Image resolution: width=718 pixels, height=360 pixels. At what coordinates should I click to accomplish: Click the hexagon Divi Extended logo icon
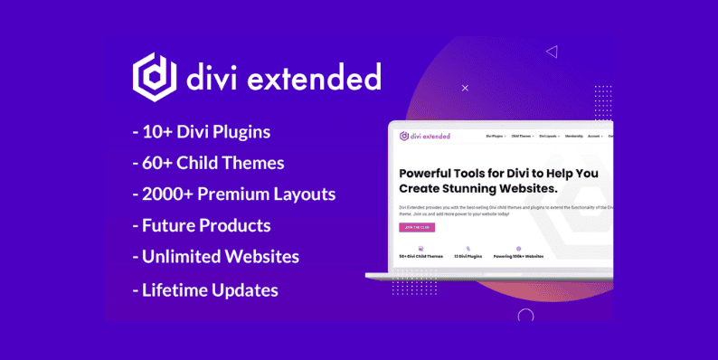coord(155,77)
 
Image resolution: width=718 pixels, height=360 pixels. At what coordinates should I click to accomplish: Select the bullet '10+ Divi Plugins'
coord(201,132)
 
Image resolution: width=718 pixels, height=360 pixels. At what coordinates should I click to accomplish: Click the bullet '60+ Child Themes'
coord(207,163)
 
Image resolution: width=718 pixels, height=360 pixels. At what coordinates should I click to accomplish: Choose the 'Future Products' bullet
coord(201,225)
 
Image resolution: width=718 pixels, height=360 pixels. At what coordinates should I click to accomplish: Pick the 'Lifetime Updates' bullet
coord(204,290)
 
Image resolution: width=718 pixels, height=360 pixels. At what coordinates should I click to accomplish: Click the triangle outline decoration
coord(552,52)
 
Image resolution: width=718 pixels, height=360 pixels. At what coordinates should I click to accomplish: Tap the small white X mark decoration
coord(465,88)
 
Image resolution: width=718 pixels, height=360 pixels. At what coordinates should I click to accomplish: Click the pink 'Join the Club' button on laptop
coord(416,227)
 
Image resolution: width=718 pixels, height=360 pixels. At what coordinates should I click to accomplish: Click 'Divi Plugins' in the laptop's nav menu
coord(496,137)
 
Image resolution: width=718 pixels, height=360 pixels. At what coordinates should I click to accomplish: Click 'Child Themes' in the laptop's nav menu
coord(523,137)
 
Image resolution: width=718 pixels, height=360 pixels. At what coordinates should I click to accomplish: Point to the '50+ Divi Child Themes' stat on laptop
coord(420,256)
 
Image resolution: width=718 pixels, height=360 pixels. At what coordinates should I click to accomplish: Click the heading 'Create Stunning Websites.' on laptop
coord(477,188)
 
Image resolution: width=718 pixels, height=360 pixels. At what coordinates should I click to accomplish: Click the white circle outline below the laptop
coord(525,316)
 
